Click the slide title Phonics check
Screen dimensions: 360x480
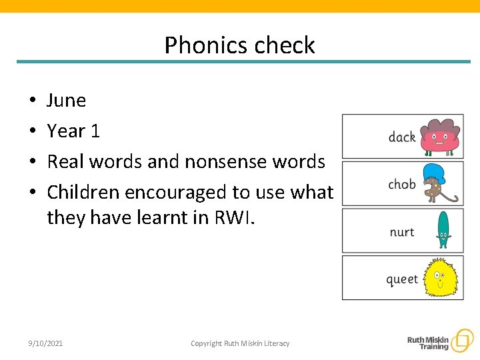pos(239,45)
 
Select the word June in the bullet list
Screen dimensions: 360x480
pos(66,101)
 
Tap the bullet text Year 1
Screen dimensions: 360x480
pos(73,131)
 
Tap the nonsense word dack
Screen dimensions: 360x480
pos(401,137)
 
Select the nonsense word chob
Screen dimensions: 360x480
pos(401,185)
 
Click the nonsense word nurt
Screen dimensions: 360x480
pos(401,232)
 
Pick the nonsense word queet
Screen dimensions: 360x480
pos(402,280)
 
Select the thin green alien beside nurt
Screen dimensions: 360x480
pos(443,230)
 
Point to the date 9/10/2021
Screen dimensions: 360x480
pos(45,343)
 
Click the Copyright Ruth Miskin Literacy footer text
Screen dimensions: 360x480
pos(240,343)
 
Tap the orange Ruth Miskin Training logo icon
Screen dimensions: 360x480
pos(461,341)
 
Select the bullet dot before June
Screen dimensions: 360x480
pos(32,101)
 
